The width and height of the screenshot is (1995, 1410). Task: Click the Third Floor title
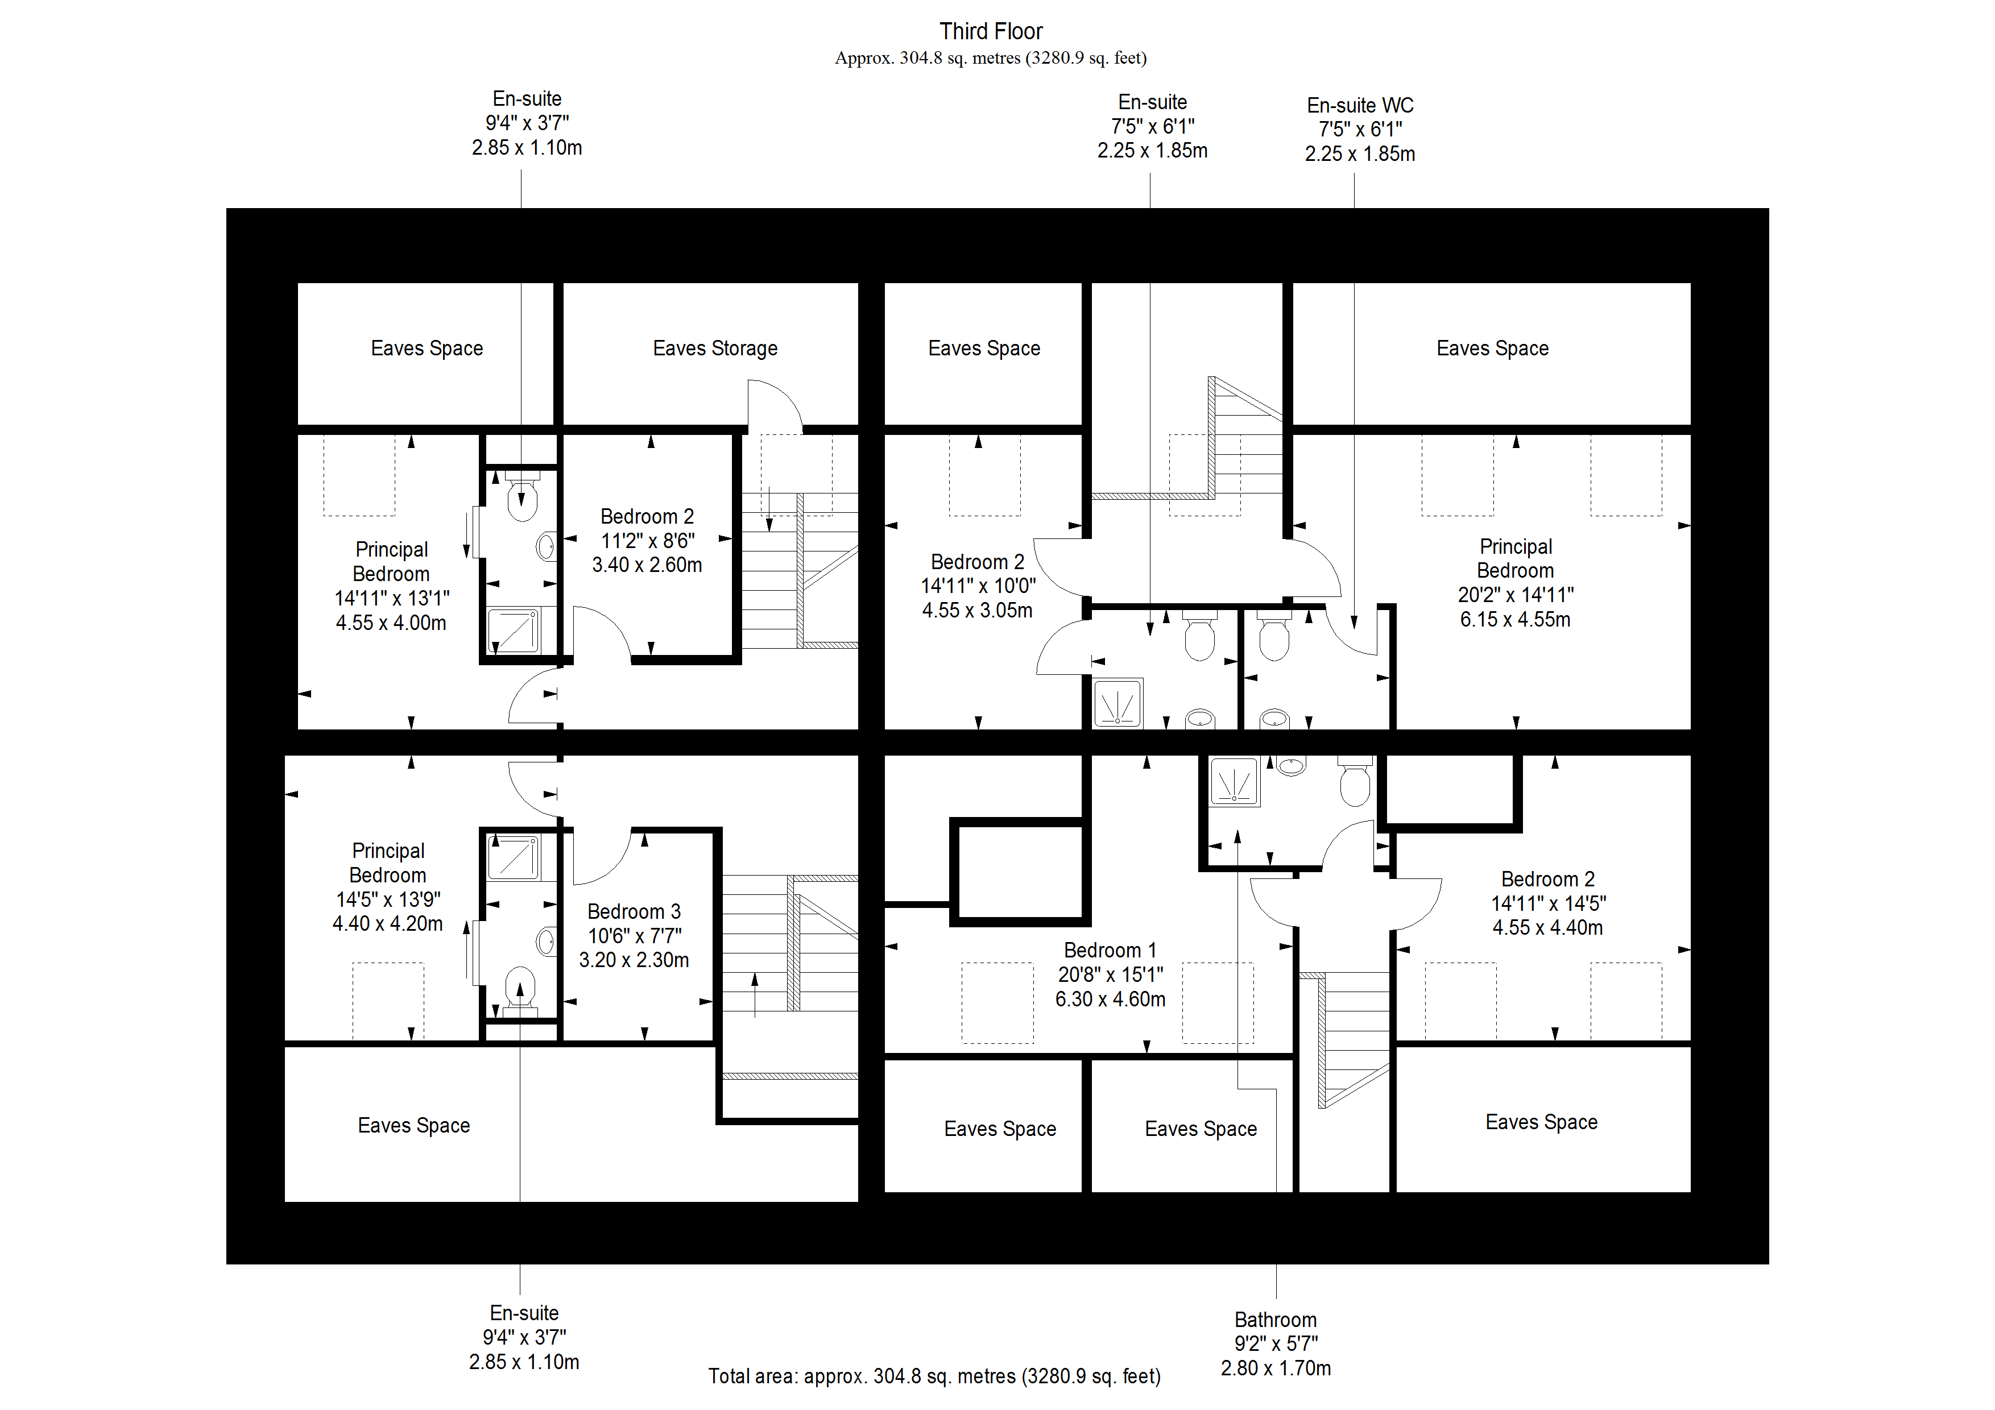(991, 31)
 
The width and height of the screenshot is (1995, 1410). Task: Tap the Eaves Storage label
(715, 349)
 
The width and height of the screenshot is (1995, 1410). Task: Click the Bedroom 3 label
(634, 911)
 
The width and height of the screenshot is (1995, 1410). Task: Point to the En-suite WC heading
(1360, 105)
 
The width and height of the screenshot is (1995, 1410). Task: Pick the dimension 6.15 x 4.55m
(1514, 619)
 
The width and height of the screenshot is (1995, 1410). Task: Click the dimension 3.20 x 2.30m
(634, 960)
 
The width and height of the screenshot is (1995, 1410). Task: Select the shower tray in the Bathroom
(1234, 781)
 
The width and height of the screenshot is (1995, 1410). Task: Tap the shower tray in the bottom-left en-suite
(514, 857)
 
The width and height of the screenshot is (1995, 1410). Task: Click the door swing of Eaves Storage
(773, 407)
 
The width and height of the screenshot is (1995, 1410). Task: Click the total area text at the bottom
(934, 1376)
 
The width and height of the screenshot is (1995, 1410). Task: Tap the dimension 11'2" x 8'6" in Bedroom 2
(647, 540)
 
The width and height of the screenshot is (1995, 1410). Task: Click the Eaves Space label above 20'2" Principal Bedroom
(1492, 349)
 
